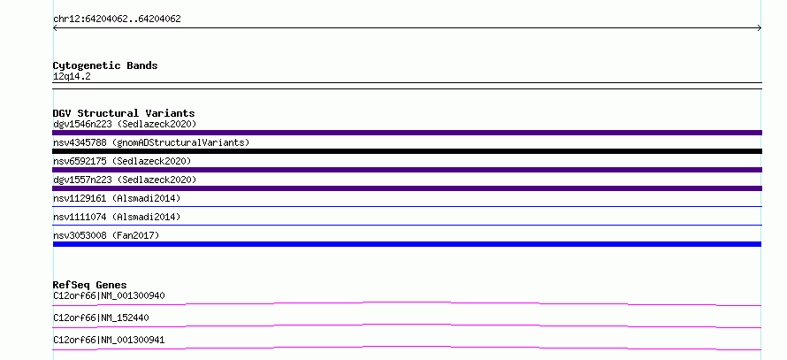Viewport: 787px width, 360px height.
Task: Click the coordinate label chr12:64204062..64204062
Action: click(x=117, y=19)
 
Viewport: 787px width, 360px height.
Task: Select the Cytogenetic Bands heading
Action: click(x=105, y=65)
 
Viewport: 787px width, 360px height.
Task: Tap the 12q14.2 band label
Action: click(x=72, y=77)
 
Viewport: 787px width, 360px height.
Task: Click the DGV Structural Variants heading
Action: click(x=124, y=113)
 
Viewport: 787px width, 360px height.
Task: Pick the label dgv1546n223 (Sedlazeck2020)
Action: click(x=125, y=124)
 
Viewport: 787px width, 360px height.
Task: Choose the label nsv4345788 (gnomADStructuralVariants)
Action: click(x=151, y=142)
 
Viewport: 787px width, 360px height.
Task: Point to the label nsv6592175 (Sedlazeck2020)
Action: click(x=122, y=161)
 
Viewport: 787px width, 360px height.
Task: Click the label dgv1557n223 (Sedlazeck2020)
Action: click(x=125, y=180)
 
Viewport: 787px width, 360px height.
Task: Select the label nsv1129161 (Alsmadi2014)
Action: click(x=117, y=198)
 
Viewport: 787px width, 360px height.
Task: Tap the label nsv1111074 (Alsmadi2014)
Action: click(x=117, y=217)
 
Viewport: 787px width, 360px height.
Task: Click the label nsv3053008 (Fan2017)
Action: click(x=106, y=235)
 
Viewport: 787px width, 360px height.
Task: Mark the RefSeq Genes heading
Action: click(x=90, y=285)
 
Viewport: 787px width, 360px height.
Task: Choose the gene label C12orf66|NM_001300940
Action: click(x=109, y=295)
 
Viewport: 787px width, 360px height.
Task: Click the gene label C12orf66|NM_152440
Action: click(x=101, y=318)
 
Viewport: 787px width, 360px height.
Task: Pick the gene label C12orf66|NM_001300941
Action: click(x=109, y=341)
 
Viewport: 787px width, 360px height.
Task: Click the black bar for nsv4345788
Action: click(x=407, y=151)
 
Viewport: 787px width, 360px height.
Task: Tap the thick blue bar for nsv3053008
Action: click(x=407, y=244)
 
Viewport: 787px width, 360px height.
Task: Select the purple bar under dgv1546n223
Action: click(x=407, y=133)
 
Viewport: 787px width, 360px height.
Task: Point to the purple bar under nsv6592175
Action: click(x=407, y=170)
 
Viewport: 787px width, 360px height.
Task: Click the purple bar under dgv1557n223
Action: click(x=407, y=188)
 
